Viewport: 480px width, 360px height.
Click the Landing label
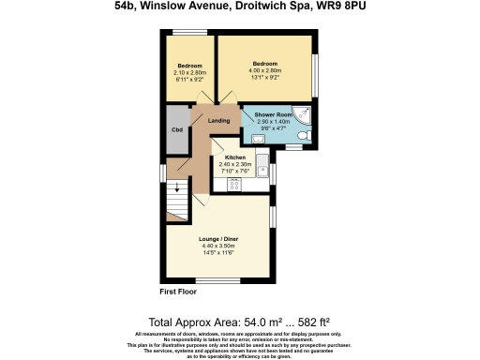click(219, 121)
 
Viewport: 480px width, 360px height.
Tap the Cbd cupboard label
click(176, 130)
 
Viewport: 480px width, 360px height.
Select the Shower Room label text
click(275, 115)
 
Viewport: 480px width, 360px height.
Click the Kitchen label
click(234, 157)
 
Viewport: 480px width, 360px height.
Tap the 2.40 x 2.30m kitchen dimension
click(234, 165)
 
